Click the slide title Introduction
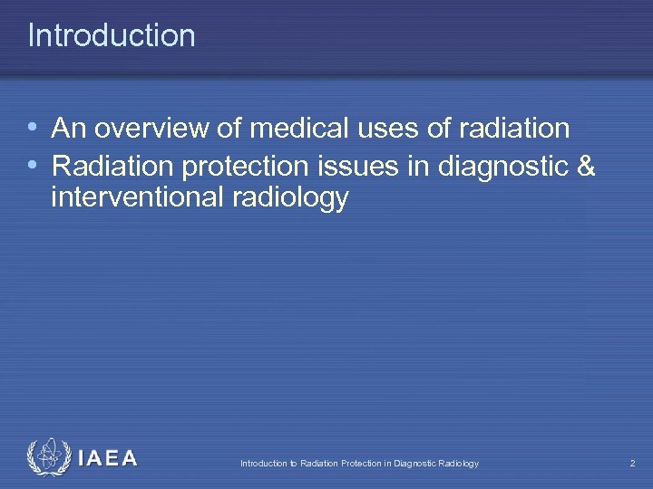pos(112,35)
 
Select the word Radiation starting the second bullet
pos(113,166)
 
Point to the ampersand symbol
pos(585,166)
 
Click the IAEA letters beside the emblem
pos(107,458)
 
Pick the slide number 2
pos(632,464)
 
